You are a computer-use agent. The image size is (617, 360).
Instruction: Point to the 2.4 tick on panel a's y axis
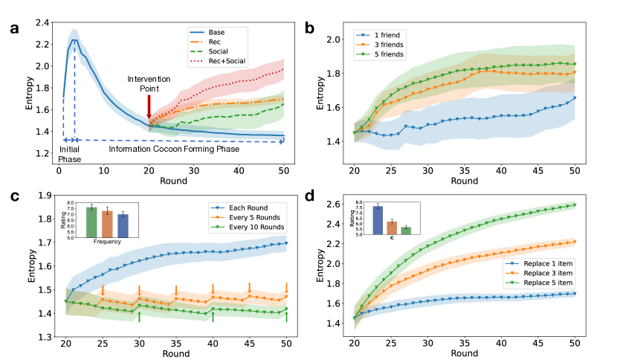pos(45,23)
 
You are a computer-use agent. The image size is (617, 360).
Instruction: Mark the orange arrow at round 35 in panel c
pos(176,290)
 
